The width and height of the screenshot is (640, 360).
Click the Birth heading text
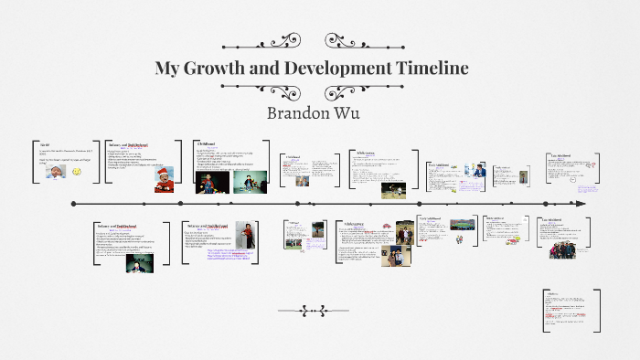[44, 144]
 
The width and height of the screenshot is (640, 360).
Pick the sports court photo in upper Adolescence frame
[394, 190]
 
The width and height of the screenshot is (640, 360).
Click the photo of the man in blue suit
[479, 170]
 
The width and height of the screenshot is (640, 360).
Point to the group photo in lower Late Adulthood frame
[561, 248]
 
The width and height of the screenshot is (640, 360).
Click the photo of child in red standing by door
[244, 236]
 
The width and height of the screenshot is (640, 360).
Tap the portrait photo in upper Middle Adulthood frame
[523, 177]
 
